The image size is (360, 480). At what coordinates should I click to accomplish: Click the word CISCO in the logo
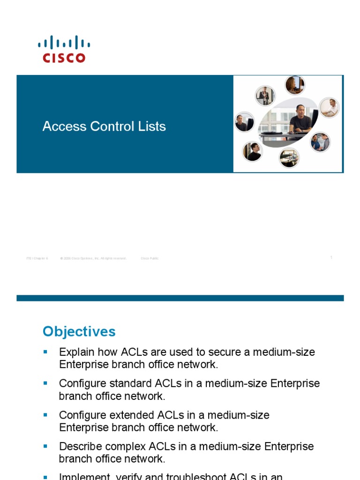coord(64,58)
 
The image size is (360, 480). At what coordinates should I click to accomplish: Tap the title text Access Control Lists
coord(104,127)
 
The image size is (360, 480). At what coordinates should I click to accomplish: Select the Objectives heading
coord(79,332)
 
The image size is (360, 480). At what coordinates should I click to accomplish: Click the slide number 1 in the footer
coord(331,257)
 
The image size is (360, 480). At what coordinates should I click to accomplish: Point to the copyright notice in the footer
coord(93,258)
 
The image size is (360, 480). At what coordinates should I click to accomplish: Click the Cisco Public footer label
coord(150,258)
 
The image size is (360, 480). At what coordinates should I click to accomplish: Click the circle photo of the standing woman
coord(265,96)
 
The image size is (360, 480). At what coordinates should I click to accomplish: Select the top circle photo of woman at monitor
coord(295,85)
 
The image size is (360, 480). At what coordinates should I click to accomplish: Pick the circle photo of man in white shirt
coord(330,108)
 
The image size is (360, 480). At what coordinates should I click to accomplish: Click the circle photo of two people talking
coord(321,142)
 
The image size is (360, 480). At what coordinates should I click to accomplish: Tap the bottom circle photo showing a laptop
coord(289,157)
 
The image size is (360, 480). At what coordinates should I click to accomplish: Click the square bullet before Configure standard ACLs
coord(45,383)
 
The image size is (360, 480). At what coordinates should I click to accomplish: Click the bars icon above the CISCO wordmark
coord(64,43)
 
